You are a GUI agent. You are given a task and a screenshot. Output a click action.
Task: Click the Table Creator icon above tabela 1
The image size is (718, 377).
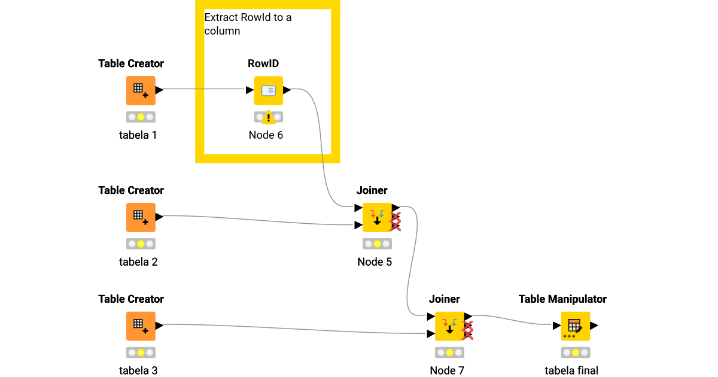click(141, 90)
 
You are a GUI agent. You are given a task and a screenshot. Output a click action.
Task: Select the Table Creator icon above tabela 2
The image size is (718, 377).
click(141, 217)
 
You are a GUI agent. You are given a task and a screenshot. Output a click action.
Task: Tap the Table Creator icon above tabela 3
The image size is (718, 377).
click(141, 326)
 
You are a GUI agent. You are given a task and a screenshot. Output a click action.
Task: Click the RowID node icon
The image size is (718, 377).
click(268, 90)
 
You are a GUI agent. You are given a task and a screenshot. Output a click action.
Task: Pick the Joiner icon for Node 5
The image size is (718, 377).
click(377, 217)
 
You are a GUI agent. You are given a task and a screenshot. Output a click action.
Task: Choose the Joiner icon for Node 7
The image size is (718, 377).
click(449, 326)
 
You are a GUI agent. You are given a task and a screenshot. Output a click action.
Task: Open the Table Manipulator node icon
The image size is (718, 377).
click(576, 326)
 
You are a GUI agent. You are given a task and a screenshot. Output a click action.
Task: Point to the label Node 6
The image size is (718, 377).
click(266, 135)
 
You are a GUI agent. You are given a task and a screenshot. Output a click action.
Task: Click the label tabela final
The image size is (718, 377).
click(571, 370)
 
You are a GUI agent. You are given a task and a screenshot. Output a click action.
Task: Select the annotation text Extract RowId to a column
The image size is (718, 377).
click(248, 24)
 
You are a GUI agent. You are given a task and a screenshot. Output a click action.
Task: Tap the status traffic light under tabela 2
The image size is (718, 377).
click(141, 244)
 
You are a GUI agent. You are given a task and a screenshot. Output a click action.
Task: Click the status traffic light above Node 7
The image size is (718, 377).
click(449, 353)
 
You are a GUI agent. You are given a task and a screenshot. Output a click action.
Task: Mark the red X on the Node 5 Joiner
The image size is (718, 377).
click(395, 221)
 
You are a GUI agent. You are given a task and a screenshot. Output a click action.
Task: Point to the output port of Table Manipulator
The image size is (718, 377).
click(595, 326)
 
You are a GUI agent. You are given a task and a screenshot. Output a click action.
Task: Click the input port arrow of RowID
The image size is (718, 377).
click(250, 90)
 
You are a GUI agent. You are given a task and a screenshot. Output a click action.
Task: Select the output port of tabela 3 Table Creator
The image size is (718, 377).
click(160, 325)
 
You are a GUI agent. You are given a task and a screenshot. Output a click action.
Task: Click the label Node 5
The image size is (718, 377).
click(375, 262)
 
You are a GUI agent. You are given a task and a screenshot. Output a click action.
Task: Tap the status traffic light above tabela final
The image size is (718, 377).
click(576, 353)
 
